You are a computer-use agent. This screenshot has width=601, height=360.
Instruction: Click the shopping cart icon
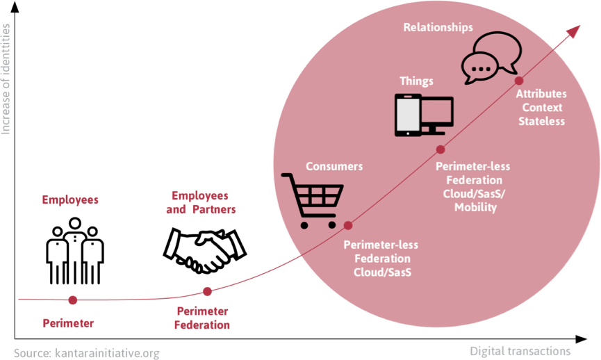[311, 200]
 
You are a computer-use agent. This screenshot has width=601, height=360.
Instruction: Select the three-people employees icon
[74, 249]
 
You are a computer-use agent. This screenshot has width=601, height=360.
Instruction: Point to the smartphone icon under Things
[406, 115]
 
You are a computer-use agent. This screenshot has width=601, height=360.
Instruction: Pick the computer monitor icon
[436, 115]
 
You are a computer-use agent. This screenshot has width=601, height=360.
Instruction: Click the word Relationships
[438, 28]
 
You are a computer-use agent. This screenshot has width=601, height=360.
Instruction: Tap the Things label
[416, 81]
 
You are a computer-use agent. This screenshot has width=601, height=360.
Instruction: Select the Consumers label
[335, 167]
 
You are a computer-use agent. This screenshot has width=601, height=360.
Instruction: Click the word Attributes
[541, 94]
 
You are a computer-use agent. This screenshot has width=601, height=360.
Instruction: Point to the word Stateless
[541, 122]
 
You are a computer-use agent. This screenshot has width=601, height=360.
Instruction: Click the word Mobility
[475, 208]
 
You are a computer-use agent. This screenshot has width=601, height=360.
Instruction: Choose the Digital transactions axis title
[520, 350]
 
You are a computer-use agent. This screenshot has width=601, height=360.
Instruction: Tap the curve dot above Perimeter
[73, 300]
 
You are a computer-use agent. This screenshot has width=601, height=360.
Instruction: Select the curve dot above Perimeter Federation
[206, 291]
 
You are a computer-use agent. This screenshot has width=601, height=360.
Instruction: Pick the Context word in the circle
[542, 108]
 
